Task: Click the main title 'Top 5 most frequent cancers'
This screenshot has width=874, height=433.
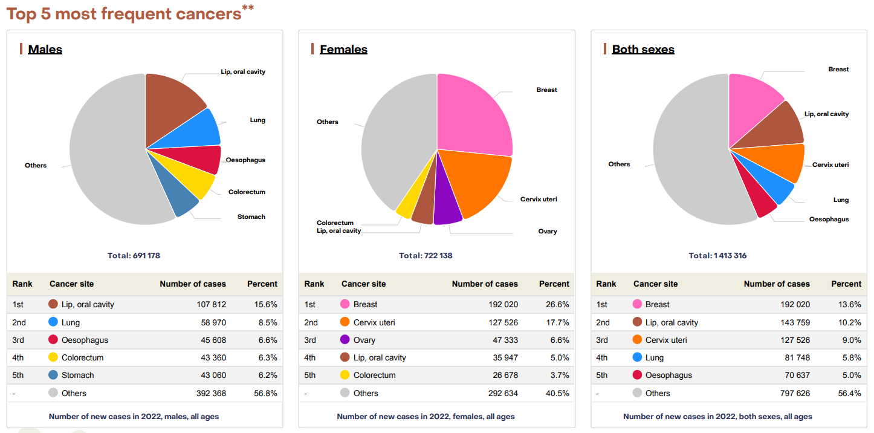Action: [124, 13]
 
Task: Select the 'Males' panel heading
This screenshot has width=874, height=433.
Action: [45, 49]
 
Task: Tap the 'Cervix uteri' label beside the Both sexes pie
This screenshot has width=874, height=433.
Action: [830, 164]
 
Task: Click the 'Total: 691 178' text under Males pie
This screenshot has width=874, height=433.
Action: [134, 255]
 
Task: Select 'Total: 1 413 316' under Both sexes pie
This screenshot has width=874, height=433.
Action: [717, 255]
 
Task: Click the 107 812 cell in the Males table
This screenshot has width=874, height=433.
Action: [211, 304]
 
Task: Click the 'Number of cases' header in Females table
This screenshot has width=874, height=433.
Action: [485, 284]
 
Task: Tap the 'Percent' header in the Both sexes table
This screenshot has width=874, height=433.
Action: [846, 284]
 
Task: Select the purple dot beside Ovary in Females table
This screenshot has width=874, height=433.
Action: [345, 340]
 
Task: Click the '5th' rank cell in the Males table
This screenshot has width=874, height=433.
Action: [18, 375]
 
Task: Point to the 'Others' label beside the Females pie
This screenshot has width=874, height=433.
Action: [327, 122]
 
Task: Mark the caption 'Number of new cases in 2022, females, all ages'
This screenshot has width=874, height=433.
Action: [426, 416]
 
